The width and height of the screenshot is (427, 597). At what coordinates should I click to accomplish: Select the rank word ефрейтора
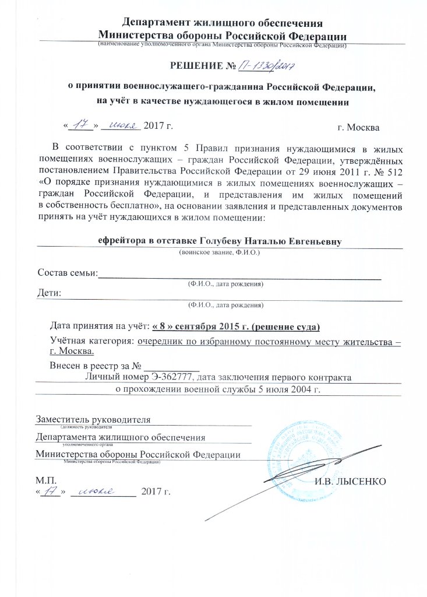[x=118, y=241]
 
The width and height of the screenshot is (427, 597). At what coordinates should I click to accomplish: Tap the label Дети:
[x=50, y=293]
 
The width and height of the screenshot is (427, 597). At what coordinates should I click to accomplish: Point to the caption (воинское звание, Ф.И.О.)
[x=218, y=253]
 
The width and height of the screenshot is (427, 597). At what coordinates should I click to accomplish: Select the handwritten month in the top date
[x=121, y=125]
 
